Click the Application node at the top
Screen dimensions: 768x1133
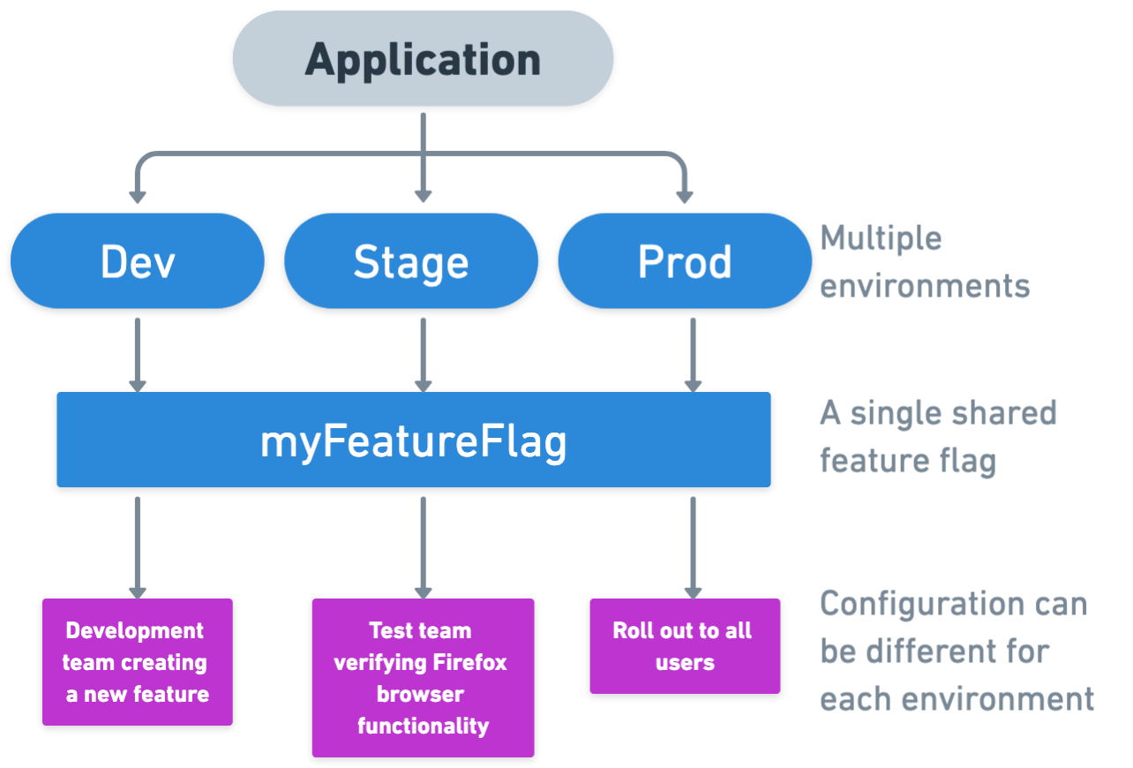tap(423, 60)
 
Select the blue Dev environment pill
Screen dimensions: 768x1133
tap(138, 261)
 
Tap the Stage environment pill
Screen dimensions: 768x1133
tap(411, 261)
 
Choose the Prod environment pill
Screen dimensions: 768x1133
tap(685, 261)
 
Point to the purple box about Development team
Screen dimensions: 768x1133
tap(138, 662)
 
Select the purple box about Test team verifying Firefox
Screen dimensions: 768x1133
tap(423, 678)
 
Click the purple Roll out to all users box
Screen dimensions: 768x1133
tap(685, 646)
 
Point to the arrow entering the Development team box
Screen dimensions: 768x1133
tap(137, 547)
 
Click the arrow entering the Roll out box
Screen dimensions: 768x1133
tap(693, 547)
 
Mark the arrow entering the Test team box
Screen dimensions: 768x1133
tap(423, 547)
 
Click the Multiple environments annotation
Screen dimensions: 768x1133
tap(925, 262)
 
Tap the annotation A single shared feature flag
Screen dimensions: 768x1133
tap(937, 437)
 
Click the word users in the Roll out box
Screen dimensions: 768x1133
tap(685, 662)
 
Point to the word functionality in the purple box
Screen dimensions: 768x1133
tap(423, 726)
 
